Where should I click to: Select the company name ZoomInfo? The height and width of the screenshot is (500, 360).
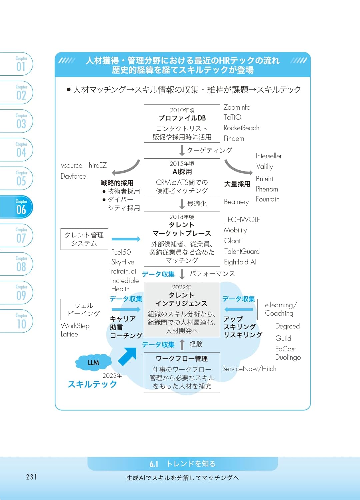[237, 107]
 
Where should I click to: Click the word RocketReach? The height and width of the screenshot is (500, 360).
[241, 128]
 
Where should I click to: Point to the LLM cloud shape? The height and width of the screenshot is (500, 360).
[93, 362]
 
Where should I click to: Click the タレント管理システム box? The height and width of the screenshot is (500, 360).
[84, 239]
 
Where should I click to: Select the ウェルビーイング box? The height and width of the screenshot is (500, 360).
[84, 309]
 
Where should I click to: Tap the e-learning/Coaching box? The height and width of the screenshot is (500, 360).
[281, 309]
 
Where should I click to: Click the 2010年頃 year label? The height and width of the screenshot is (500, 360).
[182, 110]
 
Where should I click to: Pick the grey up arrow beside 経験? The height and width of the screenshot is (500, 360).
[182, 344]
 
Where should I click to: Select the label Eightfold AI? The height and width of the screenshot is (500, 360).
[240, 262]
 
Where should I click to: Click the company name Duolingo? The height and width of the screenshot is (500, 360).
[288, 357]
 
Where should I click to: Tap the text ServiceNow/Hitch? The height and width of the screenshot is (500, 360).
[249, 369]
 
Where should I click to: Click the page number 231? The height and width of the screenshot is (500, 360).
[31, 477]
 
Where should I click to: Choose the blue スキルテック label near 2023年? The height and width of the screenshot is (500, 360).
[92, 384]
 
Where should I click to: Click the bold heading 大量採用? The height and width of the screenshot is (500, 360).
[237, 184]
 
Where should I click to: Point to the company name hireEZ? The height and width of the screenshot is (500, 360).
[98, 165]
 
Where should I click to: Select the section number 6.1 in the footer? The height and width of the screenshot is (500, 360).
[154, 464]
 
